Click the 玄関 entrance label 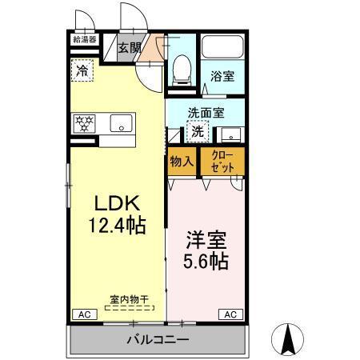pos(130,47)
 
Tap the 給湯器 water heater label pos(84,38)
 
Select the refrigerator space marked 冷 pos(82,70)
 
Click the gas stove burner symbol pos(85,123)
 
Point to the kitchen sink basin pos(122,124)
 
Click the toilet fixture pos(182,70)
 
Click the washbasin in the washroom pos(231,133)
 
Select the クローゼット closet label pos(222,159)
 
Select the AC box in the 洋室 pos(229,314)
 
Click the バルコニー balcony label pos(157,340)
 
